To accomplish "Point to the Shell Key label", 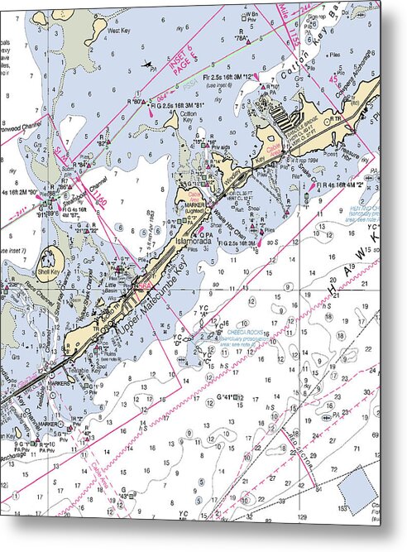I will coord(49,271).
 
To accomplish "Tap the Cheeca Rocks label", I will coord(247,332).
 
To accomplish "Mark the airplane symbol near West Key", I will coord(147,64).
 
